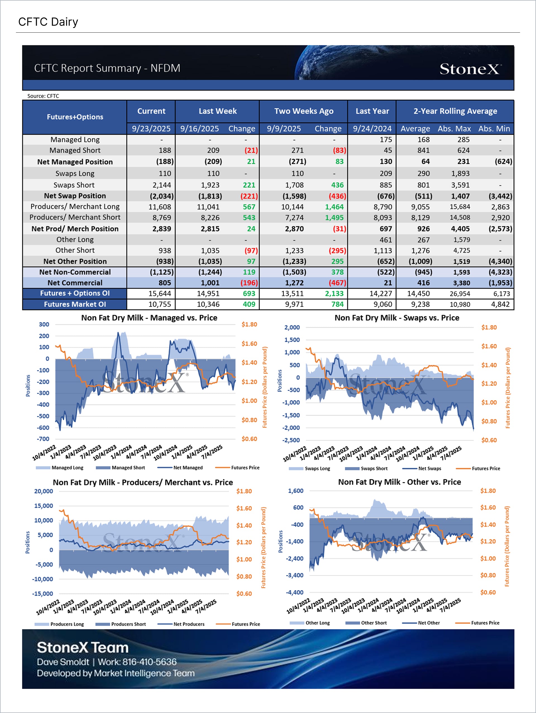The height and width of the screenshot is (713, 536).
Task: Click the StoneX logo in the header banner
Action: coord(470,69)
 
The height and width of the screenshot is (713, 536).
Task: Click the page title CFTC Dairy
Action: coord(48,22)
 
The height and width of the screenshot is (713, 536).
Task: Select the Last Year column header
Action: coord(372,111)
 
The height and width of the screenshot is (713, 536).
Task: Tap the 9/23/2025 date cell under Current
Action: coord(151,129)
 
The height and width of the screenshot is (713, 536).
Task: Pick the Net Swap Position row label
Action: coord(75,196)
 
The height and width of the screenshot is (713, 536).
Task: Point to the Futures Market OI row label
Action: coord(75,304)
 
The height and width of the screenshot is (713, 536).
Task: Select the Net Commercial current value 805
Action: coord(164,283)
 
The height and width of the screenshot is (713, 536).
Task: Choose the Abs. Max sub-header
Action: coord(454,129)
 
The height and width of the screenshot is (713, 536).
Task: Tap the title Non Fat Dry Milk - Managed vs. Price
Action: coord(149,318)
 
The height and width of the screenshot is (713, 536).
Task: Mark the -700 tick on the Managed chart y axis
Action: coord(43,439)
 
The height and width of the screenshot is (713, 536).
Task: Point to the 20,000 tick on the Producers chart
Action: coord(44,491)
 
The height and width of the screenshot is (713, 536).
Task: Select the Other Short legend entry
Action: coord(374,623)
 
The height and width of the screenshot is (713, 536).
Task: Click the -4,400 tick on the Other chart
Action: coord(295,592)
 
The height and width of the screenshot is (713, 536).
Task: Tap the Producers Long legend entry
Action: coord(67,624)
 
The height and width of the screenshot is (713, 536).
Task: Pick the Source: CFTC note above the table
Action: coord(43,96)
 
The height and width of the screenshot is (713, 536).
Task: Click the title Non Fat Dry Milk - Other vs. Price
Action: coord(399,482)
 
